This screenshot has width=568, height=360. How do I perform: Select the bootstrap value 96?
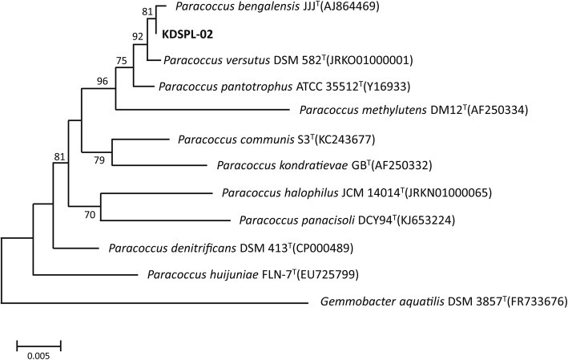[102, 80]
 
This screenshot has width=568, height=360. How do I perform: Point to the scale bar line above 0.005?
[38, 342]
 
